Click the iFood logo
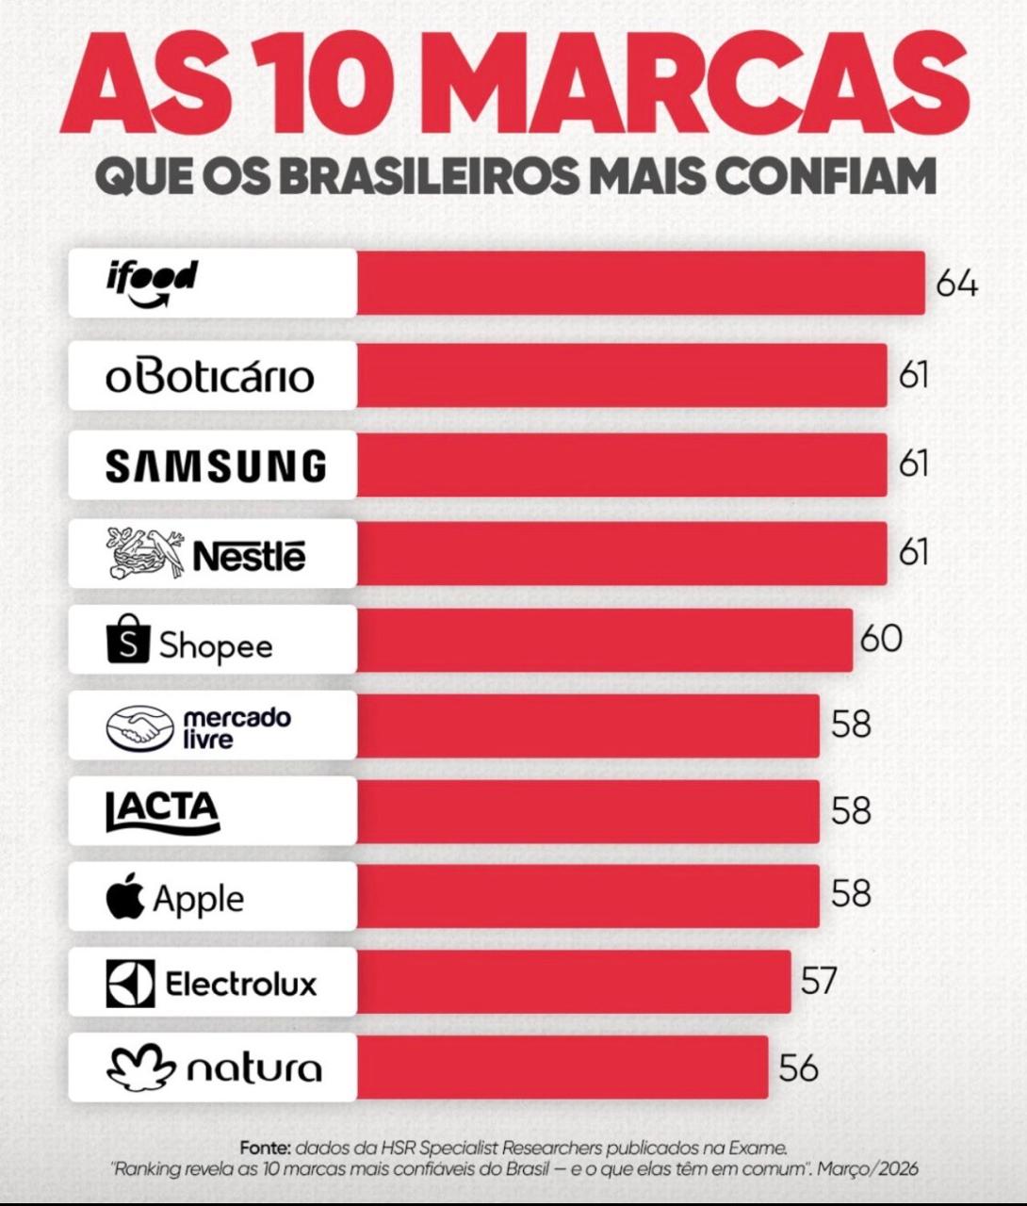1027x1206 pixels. (151, 283)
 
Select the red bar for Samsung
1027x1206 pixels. (622, 464)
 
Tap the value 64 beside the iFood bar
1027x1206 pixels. (956, 283)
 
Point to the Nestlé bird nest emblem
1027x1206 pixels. (147, 553)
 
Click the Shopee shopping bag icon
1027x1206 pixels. (127, 642)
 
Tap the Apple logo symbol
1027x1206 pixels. (125, 897)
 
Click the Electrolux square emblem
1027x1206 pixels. (129, 984)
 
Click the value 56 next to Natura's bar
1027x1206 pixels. (798, 1067)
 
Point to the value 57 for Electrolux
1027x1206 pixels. (819, 981)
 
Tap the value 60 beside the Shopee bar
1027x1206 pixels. (881, 638)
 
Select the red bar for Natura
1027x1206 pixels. (562, 1067)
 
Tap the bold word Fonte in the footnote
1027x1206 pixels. (265, 1148)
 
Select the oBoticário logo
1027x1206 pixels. (209, 375)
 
